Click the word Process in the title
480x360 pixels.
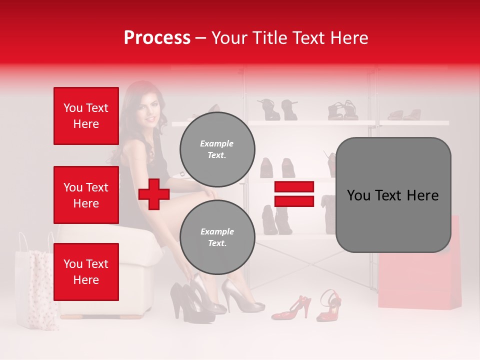click(x=157, y=37)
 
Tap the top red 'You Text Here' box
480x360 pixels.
click(x=86, y=116)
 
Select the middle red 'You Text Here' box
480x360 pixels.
click(x=86, y=195)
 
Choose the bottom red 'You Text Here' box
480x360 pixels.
click(x=86, y=271)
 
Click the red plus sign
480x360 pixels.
click(x=154, y=194)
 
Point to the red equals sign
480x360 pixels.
click(x=294, y=194)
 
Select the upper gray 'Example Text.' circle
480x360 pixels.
click(x=217, y=149)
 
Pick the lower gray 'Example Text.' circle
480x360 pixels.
click(x=217, y=237)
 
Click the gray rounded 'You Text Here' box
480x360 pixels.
click(x=393, y=195)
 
